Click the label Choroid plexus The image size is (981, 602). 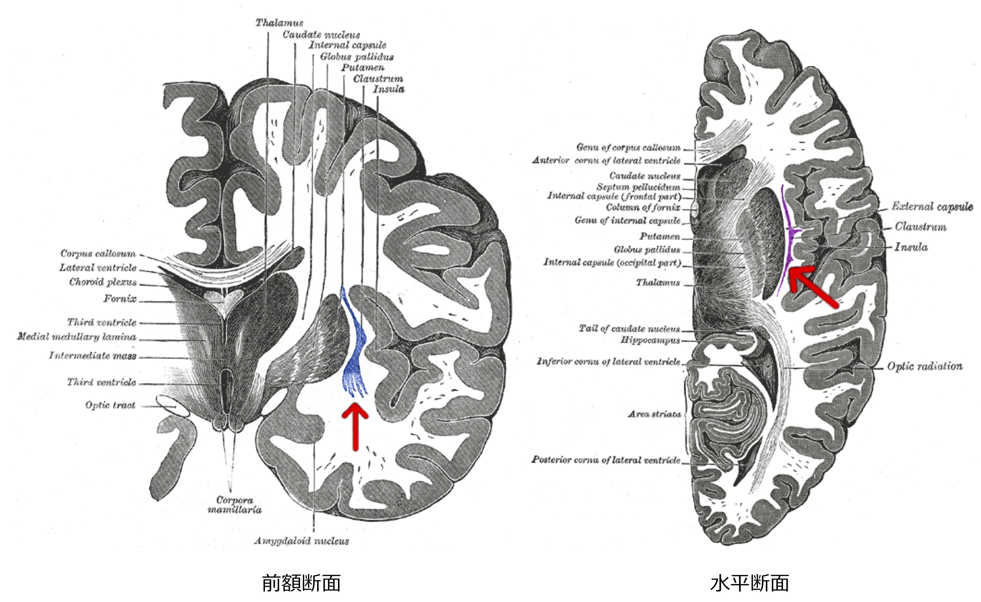pos(103,282)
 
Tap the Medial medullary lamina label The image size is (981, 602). pos(76,337)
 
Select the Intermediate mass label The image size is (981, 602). pos(93,355)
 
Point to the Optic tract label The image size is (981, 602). pos(110,405)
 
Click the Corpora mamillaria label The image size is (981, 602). pos(235,505)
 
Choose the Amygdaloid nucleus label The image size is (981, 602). pos(302,541)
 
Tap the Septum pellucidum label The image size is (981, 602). pos(638,187)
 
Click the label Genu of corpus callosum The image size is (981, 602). pos(628,147)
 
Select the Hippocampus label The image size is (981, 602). pos(650,340)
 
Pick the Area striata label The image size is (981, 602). pos(655,414)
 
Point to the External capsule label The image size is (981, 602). pos(932,206)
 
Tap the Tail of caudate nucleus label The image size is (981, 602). pos(629,329)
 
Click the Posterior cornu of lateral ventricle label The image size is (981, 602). pos(606,460)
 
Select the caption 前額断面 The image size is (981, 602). pos(301,583)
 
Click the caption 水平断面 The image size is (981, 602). pos(750,583)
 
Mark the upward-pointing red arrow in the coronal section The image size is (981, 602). pos(355,426)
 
